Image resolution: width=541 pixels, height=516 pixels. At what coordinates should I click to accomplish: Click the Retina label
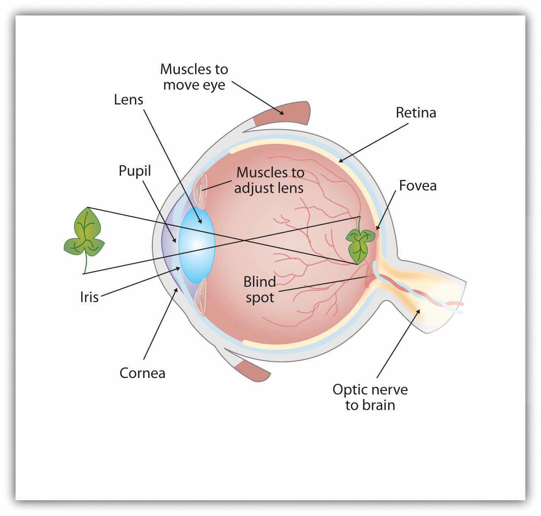(415, 113)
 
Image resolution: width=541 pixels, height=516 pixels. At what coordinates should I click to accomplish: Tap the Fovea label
(418, 185)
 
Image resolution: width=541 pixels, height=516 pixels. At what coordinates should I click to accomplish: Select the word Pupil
(135, 171)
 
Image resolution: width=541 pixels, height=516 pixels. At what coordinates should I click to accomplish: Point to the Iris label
(89, 297)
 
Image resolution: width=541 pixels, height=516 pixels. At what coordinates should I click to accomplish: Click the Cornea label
(142, 373)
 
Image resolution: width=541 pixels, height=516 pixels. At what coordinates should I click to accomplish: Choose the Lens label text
(128, 99)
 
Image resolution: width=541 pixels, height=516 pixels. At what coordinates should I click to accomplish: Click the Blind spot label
(260, 290)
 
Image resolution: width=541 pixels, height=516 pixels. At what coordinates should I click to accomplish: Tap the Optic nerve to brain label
(370, 397)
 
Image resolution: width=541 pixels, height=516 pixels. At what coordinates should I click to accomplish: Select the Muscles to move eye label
(194, 77)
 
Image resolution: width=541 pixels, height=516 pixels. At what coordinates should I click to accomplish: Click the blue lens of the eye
(196, 245)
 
